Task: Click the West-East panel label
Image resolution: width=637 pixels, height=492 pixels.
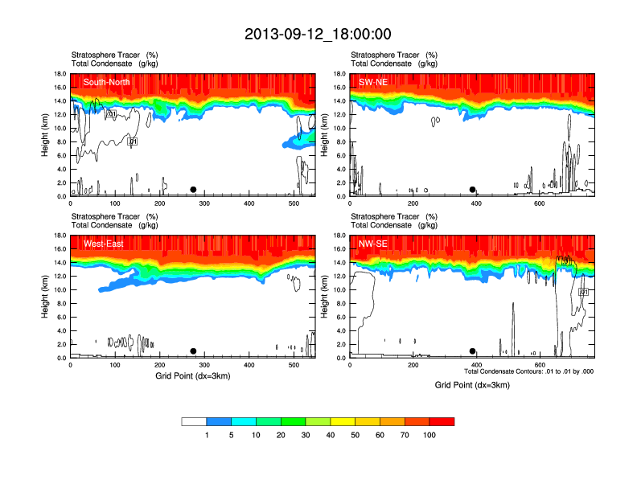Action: click(103, 244)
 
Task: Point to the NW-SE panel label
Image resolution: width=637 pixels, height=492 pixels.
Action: click(374, 244)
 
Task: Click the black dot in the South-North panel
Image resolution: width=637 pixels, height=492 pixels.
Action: click(193, 190)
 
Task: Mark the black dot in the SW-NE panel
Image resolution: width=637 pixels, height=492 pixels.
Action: click(472, 190)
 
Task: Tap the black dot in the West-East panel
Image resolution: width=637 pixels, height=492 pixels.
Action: click(193, 351)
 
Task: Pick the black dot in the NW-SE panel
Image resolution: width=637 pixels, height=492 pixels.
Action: click(472, 351)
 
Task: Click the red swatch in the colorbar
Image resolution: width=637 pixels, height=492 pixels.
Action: click(442, 421)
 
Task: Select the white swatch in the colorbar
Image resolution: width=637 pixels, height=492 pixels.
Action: click(194, 421)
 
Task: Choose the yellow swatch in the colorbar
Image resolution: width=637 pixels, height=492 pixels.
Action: click(343, 421)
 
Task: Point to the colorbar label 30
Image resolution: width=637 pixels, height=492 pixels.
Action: click(306, 435)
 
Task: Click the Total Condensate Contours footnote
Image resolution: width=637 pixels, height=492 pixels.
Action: click(528, 371)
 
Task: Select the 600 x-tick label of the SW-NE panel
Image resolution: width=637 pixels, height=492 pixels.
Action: click(540, 203)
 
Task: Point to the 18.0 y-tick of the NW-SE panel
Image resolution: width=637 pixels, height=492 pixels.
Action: click(339, 236)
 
